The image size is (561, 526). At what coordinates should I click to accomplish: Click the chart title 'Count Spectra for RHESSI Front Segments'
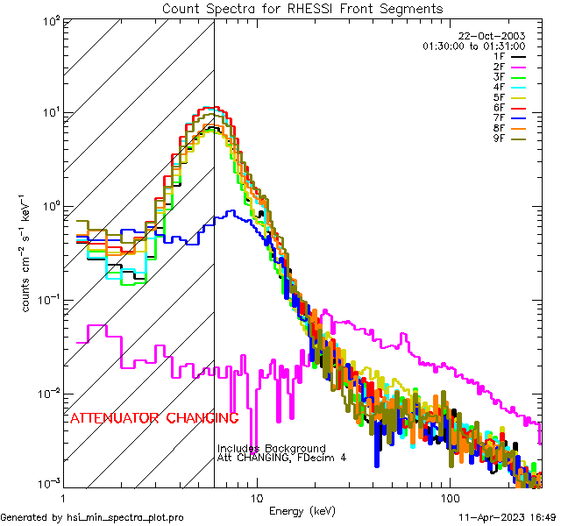pyautogui.click(x=302, y=9)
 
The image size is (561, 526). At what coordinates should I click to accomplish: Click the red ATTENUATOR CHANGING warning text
pyautogui.click(x=154, y=417)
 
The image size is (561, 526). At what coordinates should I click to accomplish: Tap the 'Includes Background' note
pyautogui.click(x=272, y=448)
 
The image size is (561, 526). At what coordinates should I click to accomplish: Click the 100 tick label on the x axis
pyautogui.click(x=449, y=496)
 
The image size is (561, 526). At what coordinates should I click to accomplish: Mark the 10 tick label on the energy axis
pyautogui.click(x=256, y=496)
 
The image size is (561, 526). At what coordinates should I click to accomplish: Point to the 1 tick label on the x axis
pyautogui.click(x=63, y=496)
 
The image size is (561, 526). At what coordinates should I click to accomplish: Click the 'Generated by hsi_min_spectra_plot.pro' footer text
pyautogui.click(x=92, y=517)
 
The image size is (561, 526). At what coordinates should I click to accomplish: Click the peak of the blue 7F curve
pyautogui.click(x=231, y=211)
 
